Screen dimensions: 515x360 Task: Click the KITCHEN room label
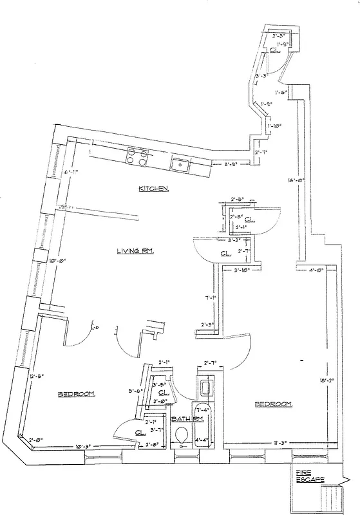154,189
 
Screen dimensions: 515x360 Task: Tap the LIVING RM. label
135,251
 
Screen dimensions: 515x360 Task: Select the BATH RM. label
187,419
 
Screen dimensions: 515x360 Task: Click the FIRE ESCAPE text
310,477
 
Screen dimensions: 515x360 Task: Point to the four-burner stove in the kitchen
137,156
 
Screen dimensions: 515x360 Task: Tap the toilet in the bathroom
181,436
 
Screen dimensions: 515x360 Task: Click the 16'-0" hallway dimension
296,182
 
